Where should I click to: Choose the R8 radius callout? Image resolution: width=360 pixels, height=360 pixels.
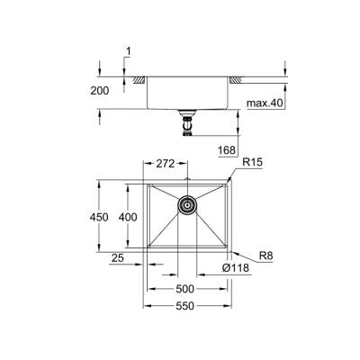coord(259,255)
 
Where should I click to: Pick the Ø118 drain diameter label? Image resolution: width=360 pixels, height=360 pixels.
coord(235,268)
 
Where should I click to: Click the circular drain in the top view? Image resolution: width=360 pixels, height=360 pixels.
coord(187,205)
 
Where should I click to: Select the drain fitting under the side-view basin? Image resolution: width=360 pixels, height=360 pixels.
coord(187,122)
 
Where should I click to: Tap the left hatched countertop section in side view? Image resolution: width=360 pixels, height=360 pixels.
coord(139,81)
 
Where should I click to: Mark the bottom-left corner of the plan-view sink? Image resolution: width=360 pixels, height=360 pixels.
coord(144,253)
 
